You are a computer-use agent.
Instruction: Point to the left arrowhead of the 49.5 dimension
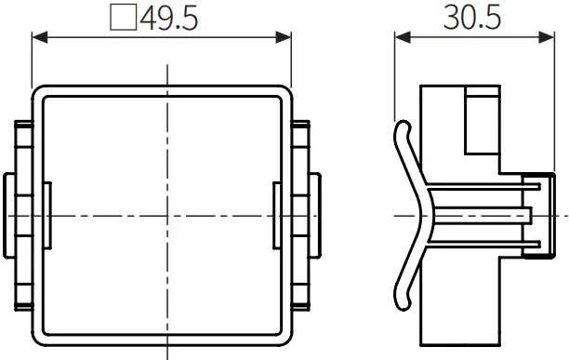pyautogui.click(x=38, y=38)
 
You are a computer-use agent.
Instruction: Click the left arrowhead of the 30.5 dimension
pyautogui.click(x=401, y=38)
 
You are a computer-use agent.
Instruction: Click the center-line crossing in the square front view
pyautogui.click(x=167, y=215)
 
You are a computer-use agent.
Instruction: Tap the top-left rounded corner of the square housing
pyautogui.click(x=39, y=93)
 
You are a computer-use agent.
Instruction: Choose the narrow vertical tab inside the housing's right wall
pyautogui.click(x=277, y=215)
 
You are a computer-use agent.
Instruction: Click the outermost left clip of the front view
pyautogui.click(x=8, y=215)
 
